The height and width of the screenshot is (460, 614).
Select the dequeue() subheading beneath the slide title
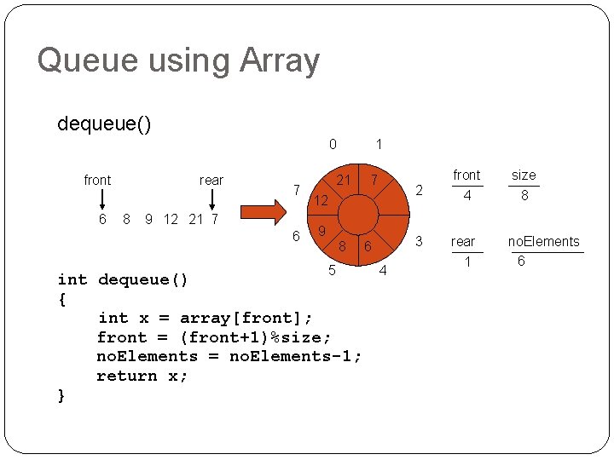point(105,124)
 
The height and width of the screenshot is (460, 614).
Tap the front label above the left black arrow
point(97,180)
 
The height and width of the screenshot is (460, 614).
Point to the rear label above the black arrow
point(211,180)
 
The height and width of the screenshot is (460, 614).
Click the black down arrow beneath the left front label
point(102,198)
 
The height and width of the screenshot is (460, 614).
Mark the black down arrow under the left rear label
point(212,198)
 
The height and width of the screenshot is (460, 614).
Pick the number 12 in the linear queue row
point(171,219)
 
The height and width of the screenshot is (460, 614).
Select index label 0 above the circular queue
point(333,145)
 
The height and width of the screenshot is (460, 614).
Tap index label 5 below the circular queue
point(332,271)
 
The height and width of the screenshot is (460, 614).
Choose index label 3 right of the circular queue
point(418,242)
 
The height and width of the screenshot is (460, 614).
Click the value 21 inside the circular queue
point(344,180)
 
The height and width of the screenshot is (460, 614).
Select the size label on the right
point(524,175)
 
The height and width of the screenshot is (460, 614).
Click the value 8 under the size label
point(524,196)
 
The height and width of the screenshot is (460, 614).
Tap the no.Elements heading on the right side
point(543,242)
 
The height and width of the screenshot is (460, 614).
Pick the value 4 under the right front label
point(466,196)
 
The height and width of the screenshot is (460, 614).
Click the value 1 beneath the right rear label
point(466,262)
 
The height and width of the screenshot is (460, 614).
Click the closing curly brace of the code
point(61,395)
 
